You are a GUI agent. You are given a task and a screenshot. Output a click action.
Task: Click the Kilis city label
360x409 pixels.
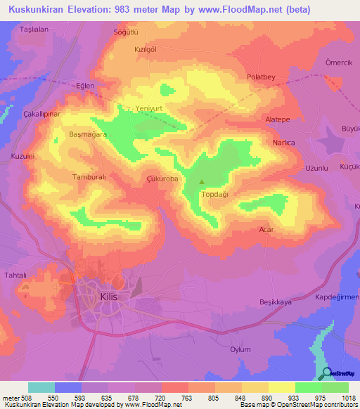[x=109, y=297]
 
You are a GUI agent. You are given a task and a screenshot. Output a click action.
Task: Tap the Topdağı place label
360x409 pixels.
[x=215, y=193]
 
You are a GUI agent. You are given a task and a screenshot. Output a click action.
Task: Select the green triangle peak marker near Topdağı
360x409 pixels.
[x=202, y=181]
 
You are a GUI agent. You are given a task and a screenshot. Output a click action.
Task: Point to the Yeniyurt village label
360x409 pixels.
[x=149, y=109]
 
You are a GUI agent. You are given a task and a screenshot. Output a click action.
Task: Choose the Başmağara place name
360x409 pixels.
[x=87, y=134]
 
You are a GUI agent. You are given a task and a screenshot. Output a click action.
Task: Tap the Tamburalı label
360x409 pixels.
[x=89, y=178]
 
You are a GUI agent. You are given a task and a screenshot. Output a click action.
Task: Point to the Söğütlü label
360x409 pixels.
[x=127, y=32]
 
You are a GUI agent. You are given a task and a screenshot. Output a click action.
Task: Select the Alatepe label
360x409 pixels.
[x=278, y=120]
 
